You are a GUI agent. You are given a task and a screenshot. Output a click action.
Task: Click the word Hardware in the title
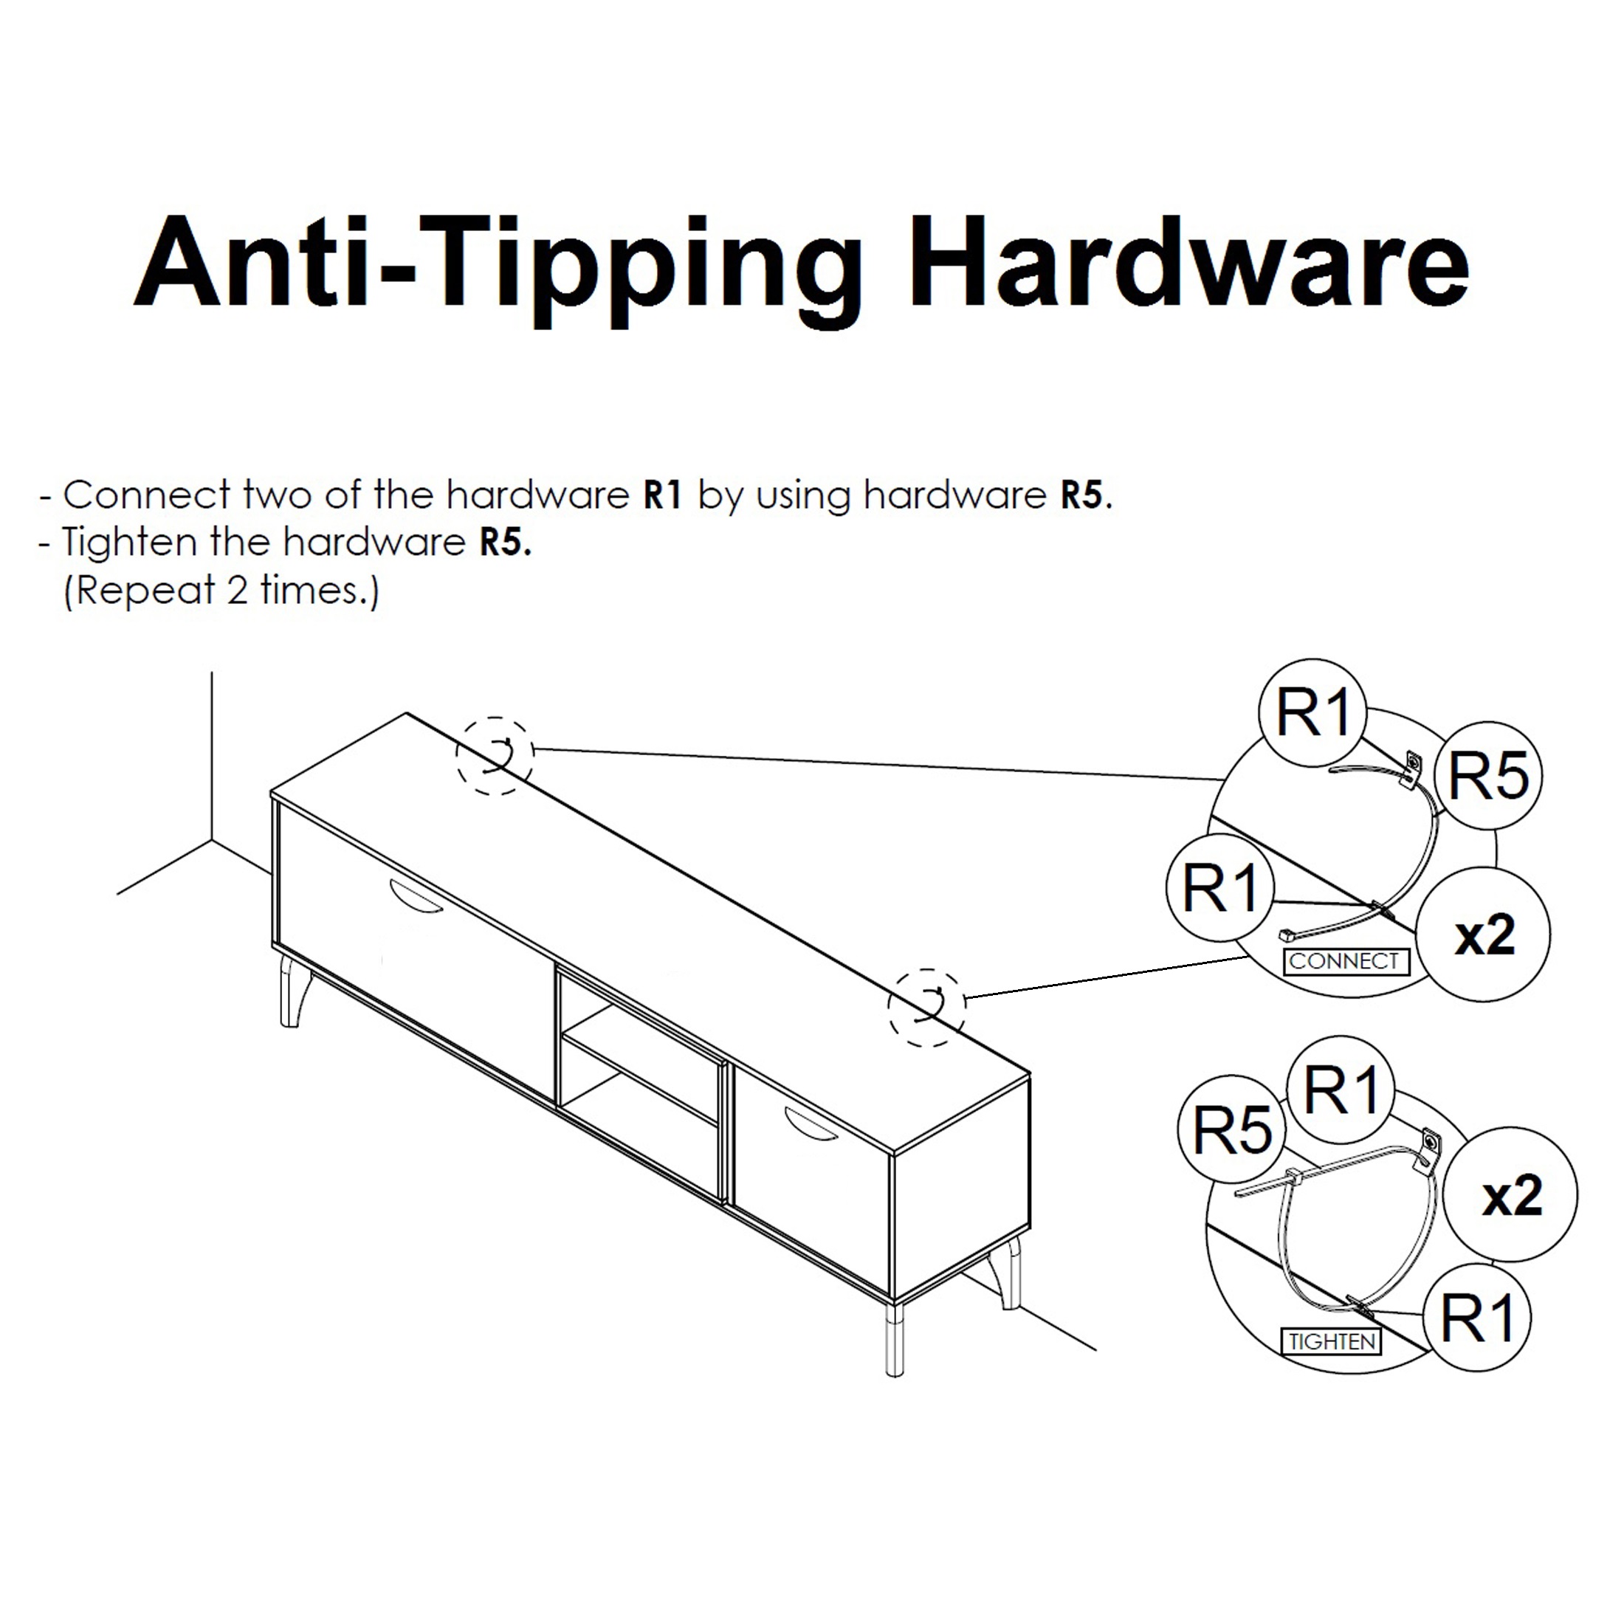1188,261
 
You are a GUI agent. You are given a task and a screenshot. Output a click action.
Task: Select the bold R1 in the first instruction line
662,495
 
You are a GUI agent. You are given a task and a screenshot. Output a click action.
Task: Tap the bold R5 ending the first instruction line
1083,495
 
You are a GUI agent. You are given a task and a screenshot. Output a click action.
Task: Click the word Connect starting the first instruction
146,495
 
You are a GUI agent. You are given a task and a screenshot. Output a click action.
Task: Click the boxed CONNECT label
1346,961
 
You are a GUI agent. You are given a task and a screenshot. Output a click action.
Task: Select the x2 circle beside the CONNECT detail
1484,935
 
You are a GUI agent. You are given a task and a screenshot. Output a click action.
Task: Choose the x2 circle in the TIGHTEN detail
1510,1194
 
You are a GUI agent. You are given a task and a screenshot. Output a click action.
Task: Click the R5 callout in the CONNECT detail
1489,776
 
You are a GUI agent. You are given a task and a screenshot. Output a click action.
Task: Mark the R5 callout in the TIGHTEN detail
1232,1129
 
